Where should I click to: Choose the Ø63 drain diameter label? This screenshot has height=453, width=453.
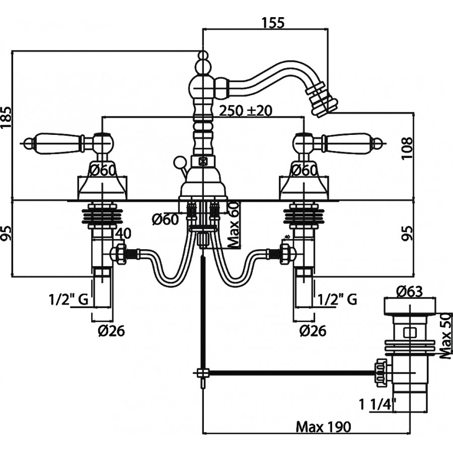click(x=408, y=290)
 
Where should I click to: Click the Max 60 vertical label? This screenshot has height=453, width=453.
click(x=234, y=223)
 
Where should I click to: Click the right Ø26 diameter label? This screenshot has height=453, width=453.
click(x=312, y=331)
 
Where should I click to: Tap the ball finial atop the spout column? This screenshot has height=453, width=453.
click(x=202, y=56)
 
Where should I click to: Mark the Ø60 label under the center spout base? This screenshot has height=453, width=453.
click(x=165, y=219)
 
